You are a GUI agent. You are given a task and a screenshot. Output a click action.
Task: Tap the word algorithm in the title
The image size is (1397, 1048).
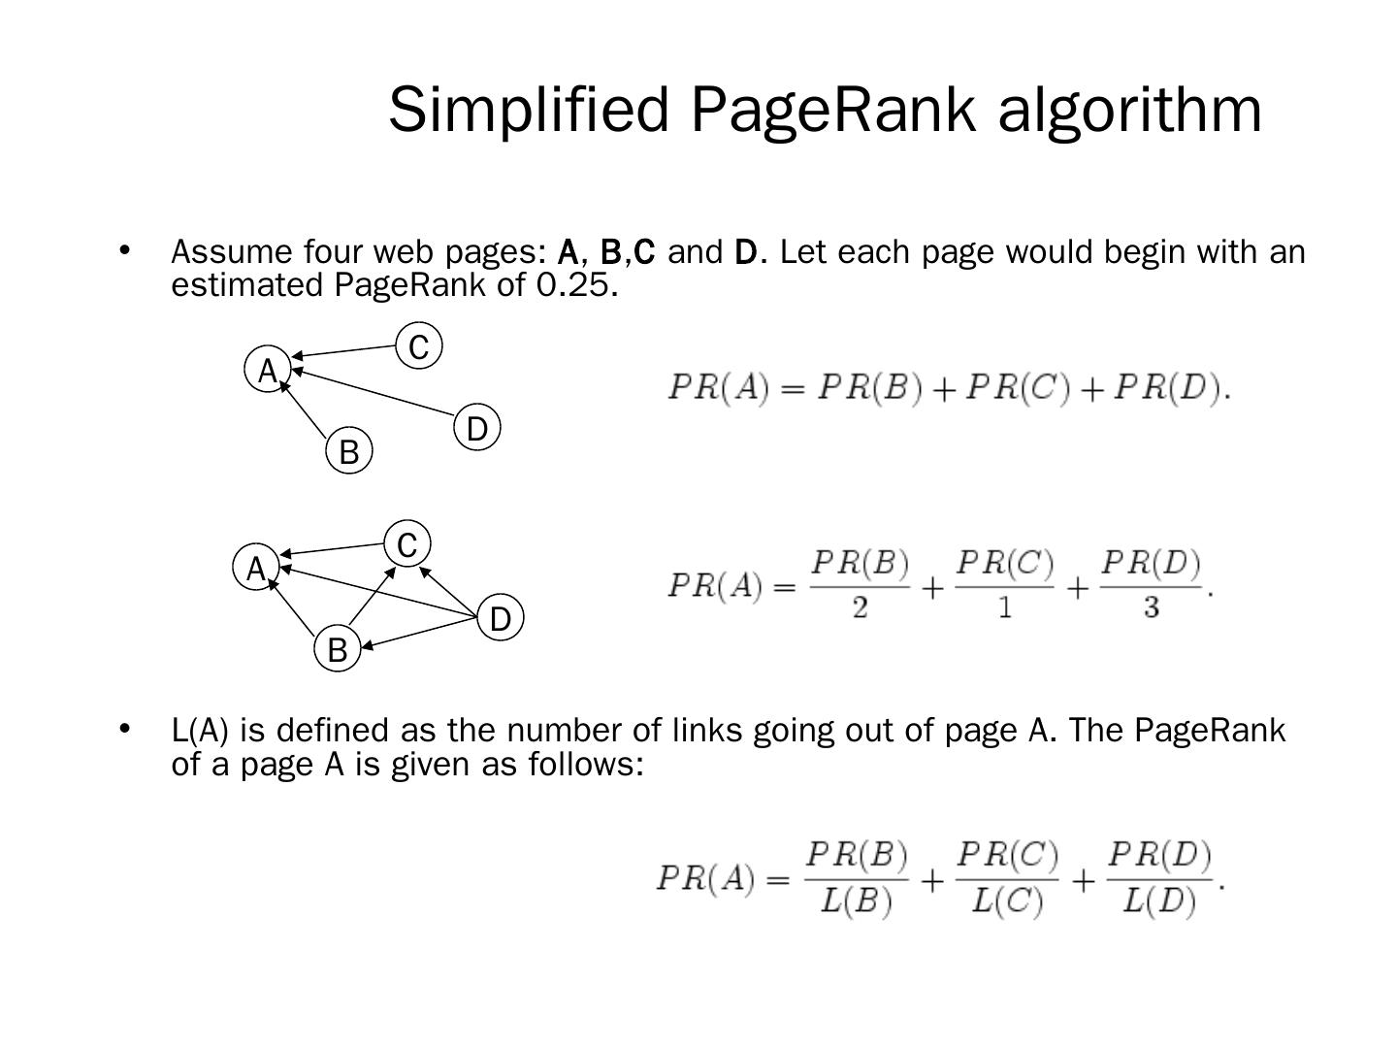tap(1130, 109)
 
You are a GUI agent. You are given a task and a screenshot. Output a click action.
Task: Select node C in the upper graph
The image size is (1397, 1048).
tap(419, 346)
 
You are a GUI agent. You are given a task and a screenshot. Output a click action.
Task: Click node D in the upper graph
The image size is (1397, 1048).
tap(476, 428)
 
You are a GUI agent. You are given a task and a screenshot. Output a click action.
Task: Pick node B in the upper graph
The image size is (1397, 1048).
tap(349, 451)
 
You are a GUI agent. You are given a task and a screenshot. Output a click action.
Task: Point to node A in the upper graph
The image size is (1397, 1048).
tap(268, 370)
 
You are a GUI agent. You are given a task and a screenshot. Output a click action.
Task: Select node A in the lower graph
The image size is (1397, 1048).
tap(256, 568)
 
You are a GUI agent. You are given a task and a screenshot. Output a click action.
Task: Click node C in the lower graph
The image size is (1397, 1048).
tap(407, 544)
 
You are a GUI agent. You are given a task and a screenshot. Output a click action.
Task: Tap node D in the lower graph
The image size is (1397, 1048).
tap(501, 618)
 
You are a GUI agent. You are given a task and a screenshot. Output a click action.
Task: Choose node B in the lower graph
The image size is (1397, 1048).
tap(338, 649)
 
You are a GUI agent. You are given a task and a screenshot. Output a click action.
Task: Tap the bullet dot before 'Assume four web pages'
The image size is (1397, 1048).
tap(124, 250)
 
